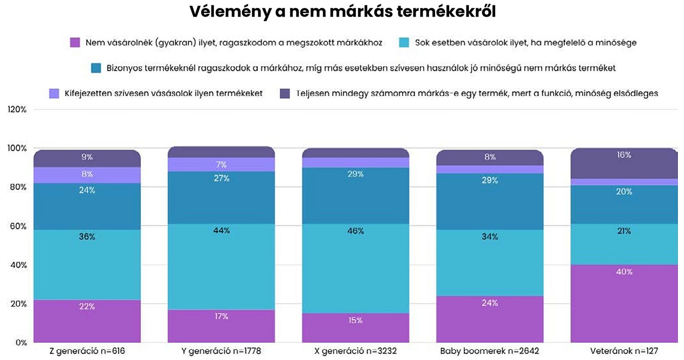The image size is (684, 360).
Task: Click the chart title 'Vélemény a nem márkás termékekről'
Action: pos(342,12)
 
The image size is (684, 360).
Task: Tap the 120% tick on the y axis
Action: pos(17,110)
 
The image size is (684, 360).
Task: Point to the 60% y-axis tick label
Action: pos(18,226)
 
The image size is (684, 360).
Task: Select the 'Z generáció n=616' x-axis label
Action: pos(87,351)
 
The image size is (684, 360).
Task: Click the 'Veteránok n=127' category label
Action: pos(623,351)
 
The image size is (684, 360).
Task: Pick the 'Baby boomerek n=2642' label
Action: pos(489,351)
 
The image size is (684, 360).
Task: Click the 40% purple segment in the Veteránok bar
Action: pos(623,303)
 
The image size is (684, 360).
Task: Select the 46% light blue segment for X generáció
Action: pos(355,268)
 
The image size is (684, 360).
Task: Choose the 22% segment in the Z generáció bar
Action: pos(87,321)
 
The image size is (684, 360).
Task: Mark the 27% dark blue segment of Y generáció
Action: pos(221,197)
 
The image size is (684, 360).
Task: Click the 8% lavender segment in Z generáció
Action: pos(87,175)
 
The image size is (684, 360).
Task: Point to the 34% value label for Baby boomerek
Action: pos(489,237)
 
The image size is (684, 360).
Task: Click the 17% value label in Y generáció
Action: pos(221,316)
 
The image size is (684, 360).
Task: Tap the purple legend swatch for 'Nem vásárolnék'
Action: pos(75,43)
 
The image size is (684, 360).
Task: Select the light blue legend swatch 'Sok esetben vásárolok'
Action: pos(404,43)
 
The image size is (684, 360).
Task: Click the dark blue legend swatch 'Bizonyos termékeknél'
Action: pos(96,68)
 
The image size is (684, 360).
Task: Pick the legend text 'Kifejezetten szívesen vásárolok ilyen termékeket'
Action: pos(164,93)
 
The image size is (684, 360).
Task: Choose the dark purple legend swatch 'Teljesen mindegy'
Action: pos(285,93)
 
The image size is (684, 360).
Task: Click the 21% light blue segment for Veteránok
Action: pos(623,244)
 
